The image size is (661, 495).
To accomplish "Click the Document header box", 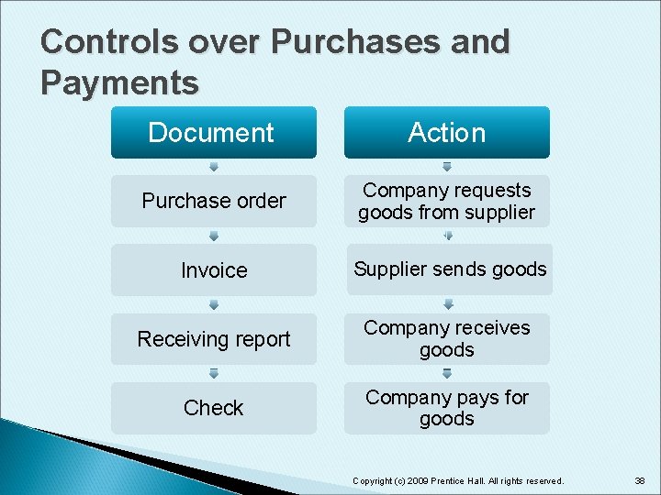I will point(213,133).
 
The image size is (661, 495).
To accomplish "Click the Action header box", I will point(447,133).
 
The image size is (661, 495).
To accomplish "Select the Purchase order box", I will point(213,201).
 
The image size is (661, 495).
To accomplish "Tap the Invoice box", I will point(213,270).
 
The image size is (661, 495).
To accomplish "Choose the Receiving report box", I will point(213,339).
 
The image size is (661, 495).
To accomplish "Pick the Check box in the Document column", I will point(213,408).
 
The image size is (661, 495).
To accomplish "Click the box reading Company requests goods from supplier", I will point(447,201).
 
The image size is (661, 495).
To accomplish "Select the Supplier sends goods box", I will point(449,269).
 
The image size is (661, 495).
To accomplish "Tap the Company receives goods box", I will point(447,339).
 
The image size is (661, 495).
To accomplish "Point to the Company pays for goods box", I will point(447,408).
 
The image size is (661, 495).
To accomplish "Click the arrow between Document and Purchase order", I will point(213,167).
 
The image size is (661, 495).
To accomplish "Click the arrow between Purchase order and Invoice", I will point(213,236).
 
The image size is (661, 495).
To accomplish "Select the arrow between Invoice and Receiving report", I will point(213,304).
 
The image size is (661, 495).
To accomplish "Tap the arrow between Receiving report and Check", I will point(213,373).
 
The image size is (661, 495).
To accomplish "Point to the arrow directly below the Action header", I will point(447,167).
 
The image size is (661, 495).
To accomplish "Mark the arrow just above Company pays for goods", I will point(447,373).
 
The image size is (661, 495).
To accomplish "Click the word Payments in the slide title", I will point(119,82).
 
